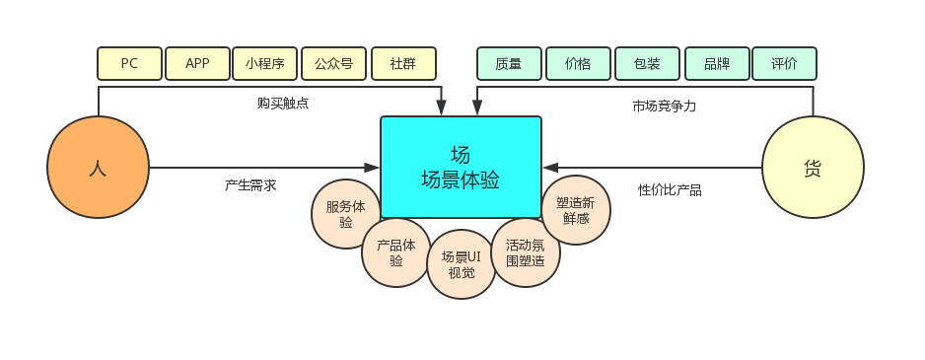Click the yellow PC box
tap(129, 64)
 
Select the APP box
tap(197, 64)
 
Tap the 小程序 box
tap(265, 64)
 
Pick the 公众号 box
tap(333, 64)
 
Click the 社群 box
tap(403, 64)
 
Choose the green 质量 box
tap(509, 64)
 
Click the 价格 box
tap(578, 64)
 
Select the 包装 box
tap(647, 64)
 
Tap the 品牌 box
tap(717, 64)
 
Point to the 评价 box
tap(784, 64)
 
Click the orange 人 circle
tap(98, 168)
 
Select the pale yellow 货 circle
tap(813, 168)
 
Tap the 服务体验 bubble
tap(345, 214)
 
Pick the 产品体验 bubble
tap(395, 252)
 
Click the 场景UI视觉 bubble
tap(461, 264)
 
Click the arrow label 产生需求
tap(250, 185)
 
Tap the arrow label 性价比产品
tap(670, 189)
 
